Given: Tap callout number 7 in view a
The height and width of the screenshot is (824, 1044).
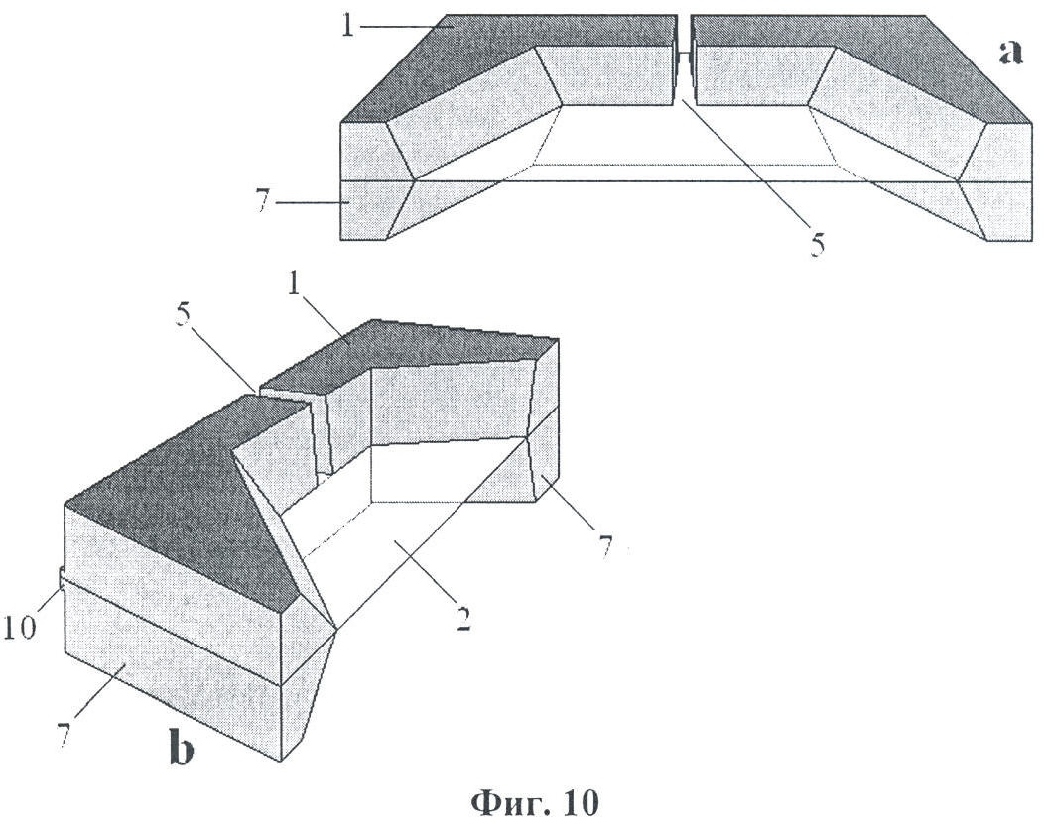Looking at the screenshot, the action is [x=263, y=201].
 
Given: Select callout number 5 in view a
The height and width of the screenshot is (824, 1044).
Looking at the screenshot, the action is [x=817, y=245].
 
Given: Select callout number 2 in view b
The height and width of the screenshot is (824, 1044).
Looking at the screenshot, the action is [x=463, y=619].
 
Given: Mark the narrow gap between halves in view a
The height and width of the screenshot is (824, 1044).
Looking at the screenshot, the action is [x=682, y=59].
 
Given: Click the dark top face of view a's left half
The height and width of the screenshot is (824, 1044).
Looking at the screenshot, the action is [x=506, y=59].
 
